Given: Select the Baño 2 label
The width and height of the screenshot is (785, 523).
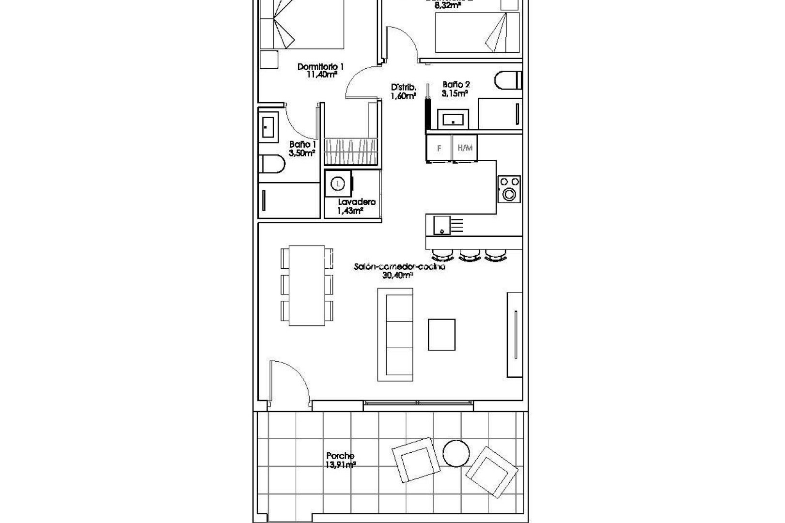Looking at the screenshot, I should pyautogui.click(x=455, y=84).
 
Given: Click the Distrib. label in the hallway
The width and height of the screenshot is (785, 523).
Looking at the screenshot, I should pyautogui.click(x=403, y=88).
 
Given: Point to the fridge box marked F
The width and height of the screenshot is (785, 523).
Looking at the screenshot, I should pyautogui.click(x=439, y=148).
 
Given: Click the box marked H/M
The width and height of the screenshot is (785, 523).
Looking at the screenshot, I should pyautogui.click(x=465, y=148).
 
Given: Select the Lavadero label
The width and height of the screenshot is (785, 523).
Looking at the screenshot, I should pyautogui.click(x=357, y=202).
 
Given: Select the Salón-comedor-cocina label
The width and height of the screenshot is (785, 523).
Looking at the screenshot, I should pyautogui.click(x=399, y=267).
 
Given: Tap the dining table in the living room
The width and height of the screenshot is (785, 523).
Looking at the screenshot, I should pyautogui.click(x=307, y=285).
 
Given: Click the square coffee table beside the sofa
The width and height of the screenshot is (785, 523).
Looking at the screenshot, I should pyautogui.click(x=441, y=334).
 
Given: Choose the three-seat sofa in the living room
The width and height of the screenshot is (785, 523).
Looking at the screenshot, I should pyautogui.click(x=395, y=334).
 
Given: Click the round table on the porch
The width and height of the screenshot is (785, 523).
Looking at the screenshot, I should pyautogui.click(x=455, y=452).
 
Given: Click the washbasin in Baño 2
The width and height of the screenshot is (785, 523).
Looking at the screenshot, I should pyautogui.click(x=453, y=118).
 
